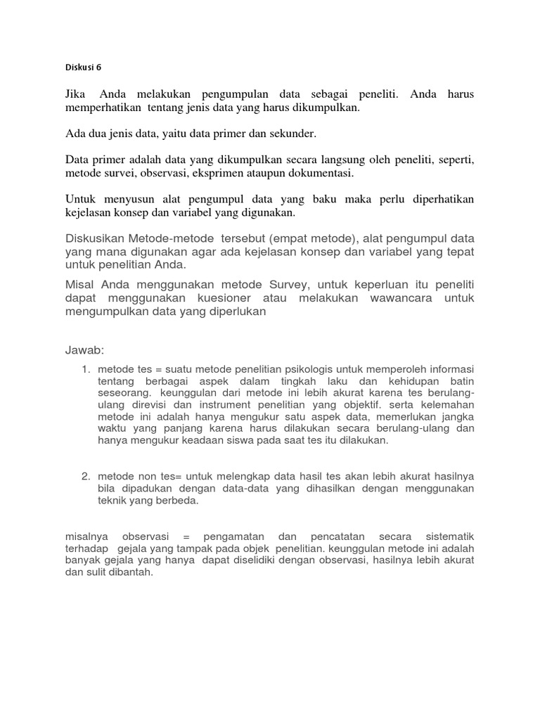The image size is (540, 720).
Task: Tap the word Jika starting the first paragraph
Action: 77,94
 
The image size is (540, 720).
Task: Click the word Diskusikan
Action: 98,240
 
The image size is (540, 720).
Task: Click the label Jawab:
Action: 84,349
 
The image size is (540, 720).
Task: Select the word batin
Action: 460,381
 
